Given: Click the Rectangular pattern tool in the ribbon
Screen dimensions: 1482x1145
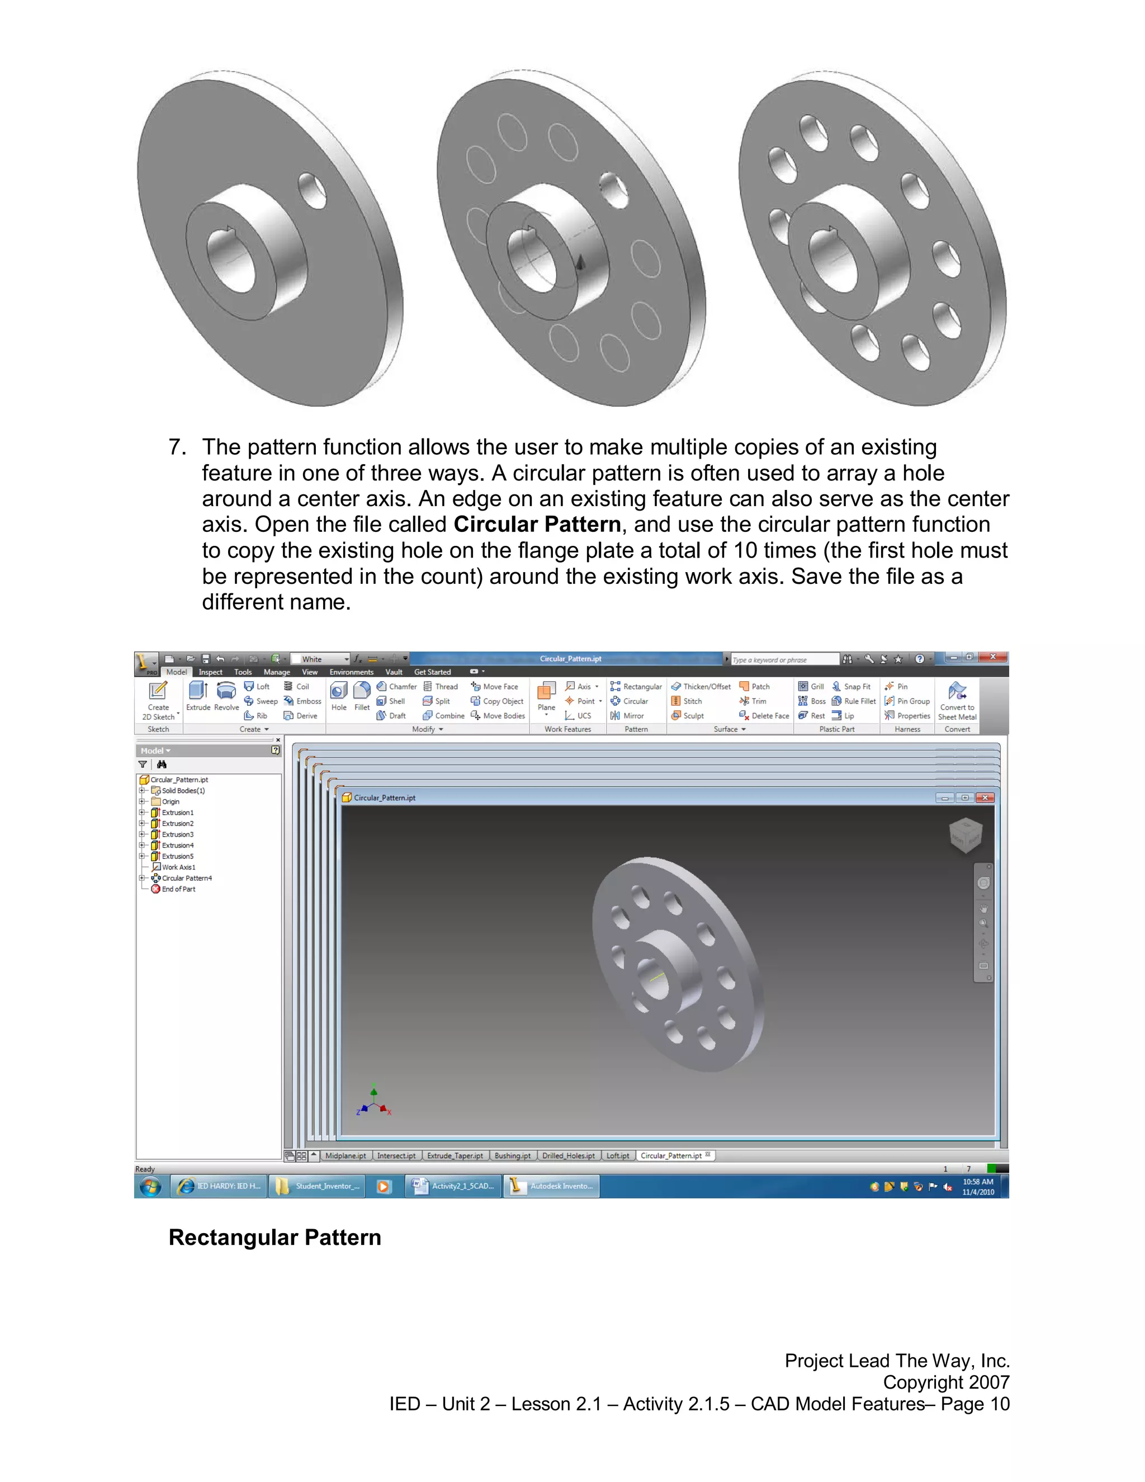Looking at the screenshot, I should click(x=636, y=687).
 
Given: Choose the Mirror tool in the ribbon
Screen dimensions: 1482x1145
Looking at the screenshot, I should click(x=627, y=715).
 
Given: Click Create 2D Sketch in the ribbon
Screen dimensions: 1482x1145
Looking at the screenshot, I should click(x=158, y=699).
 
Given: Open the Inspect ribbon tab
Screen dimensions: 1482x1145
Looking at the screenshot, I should click(x=210, y=672).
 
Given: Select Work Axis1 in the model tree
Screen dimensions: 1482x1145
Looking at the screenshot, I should click(x=178, y=867).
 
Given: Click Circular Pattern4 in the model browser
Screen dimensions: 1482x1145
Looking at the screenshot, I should click(x=186, y=878).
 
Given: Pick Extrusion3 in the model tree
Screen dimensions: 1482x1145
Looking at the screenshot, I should click(x=177, y=834).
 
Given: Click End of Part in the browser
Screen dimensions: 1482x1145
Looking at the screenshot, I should click(x=178, y=889).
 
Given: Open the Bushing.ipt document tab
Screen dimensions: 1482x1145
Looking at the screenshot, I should click(x=512, y=1155).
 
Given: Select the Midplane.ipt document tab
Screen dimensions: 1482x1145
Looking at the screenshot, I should click(x=346, y=1155).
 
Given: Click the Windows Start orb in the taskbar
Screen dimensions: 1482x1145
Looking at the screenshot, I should click(x=150, y=1186).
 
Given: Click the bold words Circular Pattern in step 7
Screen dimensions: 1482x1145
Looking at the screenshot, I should click(x=537, y=525).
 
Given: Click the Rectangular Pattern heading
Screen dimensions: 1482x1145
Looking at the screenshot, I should click(x=275, y=1237).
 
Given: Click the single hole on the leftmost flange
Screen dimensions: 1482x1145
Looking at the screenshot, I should click(x=312, y=191).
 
